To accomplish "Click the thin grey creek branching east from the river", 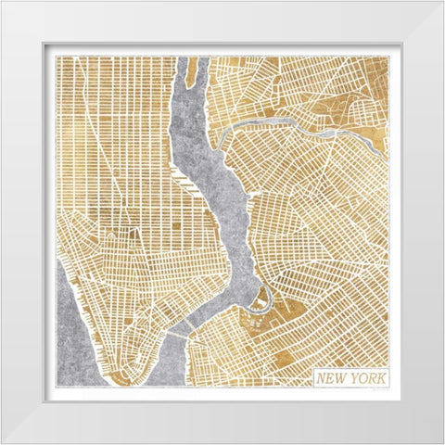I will [x=278, y=124].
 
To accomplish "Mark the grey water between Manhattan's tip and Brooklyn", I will [x=172, y=366].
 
